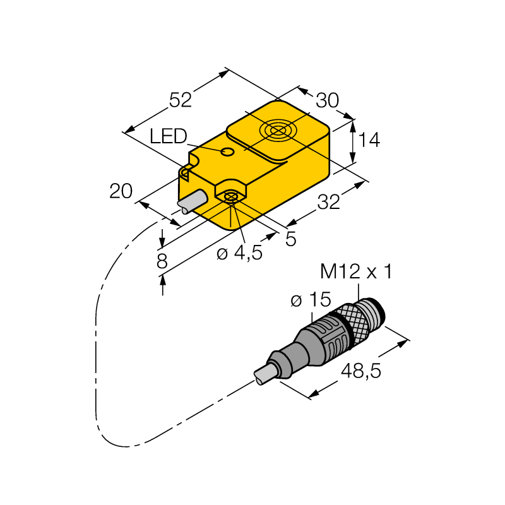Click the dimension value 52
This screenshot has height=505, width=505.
point(181,100)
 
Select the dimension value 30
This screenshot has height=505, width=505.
point(327,100)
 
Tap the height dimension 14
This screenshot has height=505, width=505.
point(369,140)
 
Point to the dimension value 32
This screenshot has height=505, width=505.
point(328,202)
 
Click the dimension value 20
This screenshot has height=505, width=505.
point(121,191)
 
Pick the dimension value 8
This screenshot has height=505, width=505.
point(162,261)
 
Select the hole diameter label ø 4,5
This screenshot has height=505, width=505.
point(239,253)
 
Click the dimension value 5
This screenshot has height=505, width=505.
point(291,239)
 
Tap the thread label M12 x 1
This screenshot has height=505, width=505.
point(356,271)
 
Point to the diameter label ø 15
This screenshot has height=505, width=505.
point(311,299)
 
